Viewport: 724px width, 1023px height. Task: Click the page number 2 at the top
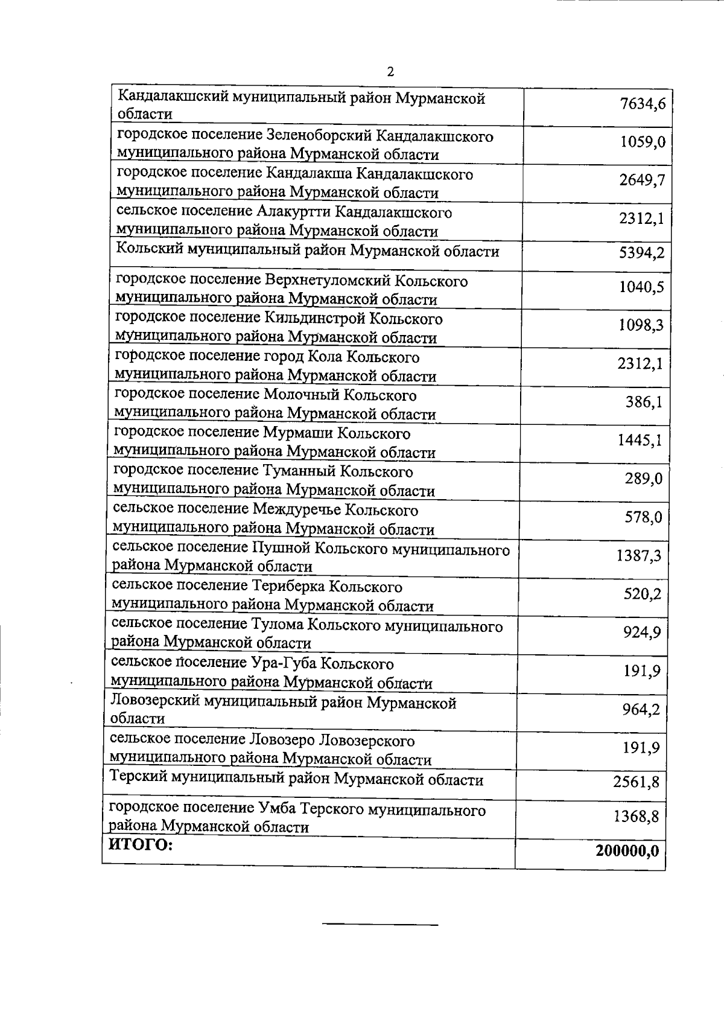tap(390, 72)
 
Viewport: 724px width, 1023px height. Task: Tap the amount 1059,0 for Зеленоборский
tap(642, 142)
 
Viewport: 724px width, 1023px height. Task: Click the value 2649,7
tap(642, 180)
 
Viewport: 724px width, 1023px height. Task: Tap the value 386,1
tap(644, 402)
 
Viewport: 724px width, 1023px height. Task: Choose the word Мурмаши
tap(295, 434)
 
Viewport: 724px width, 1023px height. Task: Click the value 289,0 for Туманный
tap(644, 479)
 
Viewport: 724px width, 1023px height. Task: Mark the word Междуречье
tap(296, 511)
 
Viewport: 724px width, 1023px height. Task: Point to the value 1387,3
tap(638, 556)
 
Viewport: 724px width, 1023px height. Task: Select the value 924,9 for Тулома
tap(642, 633)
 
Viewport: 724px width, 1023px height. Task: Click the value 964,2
tap(641, 710)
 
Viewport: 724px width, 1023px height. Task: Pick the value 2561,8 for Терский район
tap(636, 783)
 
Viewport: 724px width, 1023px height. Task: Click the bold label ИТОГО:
tap(140, 845)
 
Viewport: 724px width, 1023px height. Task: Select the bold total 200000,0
tap(627, 851)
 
